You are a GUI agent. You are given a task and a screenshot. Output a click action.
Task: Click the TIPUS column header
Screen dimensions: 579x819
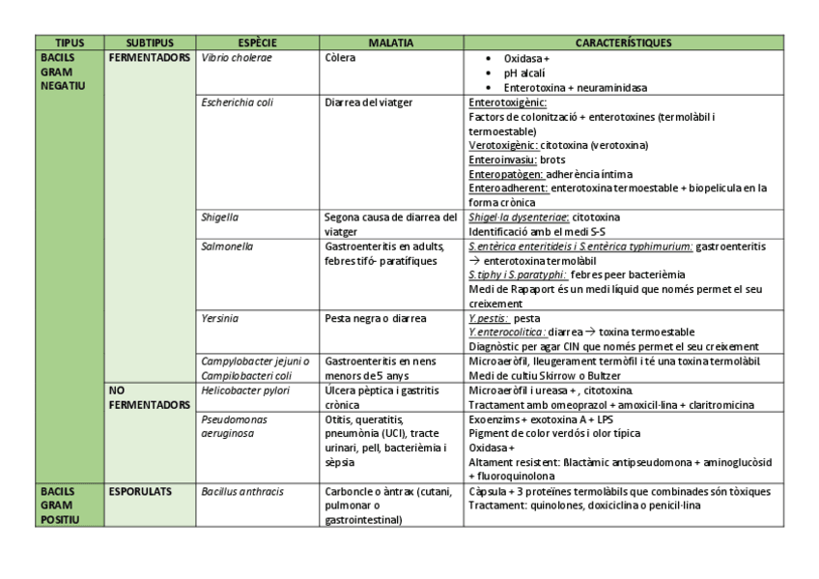(x=69, y=43)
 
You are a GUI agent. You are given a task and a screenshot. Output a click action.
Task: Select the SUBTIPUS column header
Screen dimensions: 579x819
(x=150, y=43)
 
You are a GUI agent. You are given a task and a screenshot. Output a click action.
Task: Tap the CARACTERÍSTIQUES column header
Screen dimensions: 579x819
(x=623, y=43)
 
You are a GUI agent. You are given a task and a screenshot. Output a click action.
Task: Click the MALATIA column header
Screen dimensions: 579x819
(x=391, y=43)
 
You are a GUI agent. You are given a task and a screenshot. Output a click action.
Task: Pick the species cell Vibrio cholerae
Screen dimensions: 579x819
(x=237, y=58)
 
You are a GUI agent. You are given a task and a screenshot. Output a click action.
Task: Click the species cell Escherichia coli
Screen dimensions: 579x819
(x=238, y=101)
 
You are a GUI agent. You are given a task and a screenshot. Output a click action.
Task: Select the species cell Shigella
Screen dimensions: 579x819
(x=220, y=217)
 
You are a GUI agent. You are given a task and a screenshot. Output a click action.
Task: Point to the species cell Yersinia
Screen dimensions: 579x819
(x=220, y=318)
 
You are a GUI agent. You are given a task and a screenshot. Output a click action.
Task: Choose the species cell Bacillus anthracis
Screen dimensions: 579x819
(x=242, y=492)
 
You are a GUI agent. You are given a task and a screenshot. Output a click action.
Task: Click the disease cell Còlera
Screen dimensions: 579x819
(x=340, y=58)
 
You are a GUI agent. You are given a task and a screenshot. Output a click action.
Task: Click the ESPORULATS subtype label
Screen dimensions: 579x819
(x=140, y=492)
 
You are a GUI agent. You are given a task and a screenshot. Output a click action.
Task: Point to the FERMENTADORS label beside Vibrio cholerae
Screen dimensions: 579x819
(x=150, y=58)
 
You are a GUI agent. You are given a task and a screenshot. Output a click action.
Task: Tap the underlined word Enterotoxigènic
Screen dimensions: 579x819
(x=507, y=101)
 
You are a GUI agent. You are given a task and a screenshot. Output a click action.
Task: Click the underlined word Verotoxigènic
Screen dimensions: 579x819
(x=502, y=145)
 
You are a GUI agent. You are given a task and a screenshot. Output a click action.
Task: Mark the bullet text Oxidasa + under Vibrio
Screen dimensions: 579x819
(x=526, y=58)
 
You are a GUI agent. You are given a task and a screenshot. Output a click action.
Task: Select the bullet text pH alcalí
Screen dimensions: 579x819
(x=524, y=72)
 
